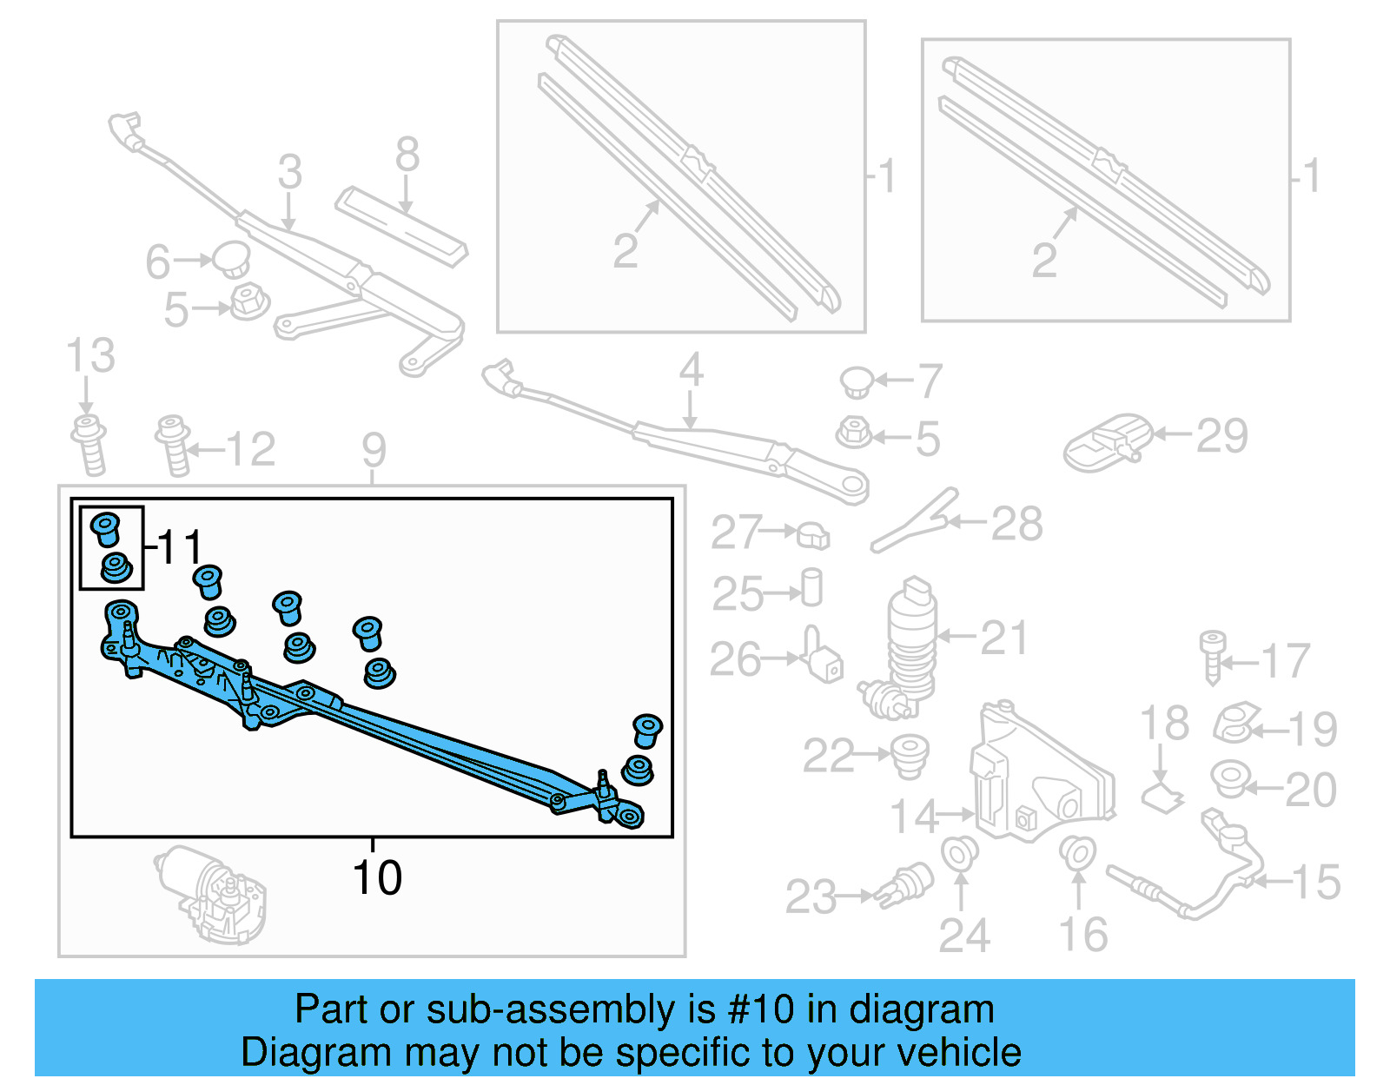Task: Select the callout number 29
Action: [1221, 436]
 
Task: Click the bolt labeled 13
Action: [89, 445]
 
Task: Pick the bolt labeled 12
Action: [173, 445]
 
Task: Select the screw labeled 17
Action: [1212, 656]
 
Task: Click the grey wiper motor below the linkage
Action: [213, 895]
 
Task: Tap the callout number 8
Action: [407, 155]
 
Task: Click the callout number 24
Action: [963, 936]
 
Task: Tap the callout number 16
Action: [1082, 935]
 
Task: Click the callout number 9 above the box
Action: [374, 450]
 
